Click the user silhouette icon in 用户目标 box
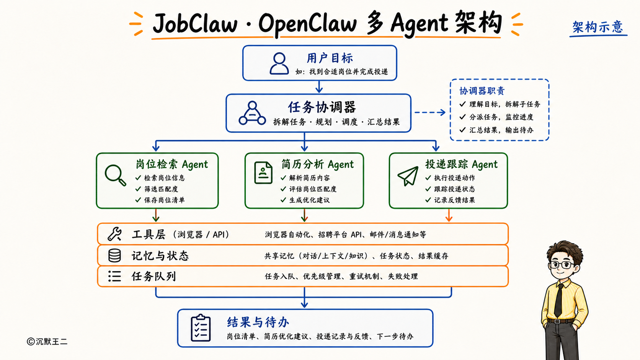point(279,64)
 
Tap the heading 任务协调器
point(322,108)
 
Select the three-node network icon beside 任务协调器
point(252,113)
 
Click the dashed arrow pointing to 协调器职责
point(430,112)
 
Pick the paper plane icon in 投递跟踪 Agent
point(408,176)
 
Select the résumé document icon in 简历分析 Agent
point(263,173)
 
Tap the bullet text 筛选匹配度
point(161,189)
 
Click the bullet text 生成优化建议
point(309,200)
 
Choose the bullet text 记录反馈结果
point(455,200)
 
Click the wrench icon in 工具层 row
point(114,234)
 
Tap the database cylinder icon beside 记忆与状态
point(114,256)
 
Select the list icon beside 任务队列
point(114,276)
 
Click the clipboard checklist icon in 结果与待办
point(201,328)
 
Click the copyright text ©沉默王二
point(47,341)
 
